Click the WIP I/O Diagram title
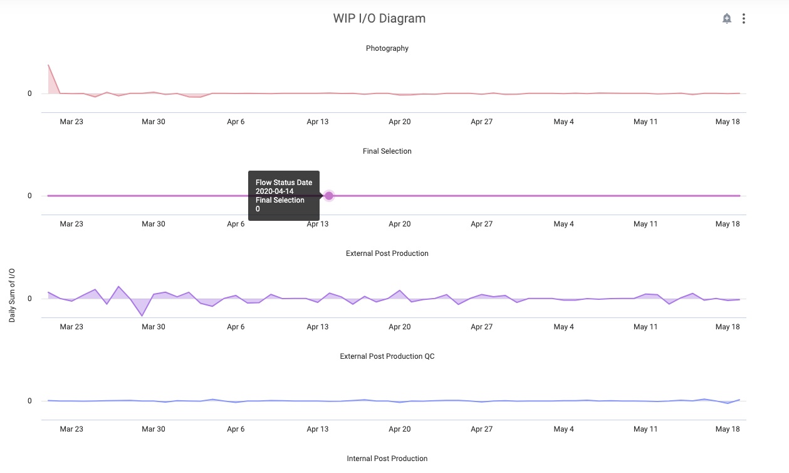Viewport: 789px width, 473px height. (x=379, y=18)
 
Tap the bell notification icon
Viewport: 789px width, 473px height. (x=726, y=19)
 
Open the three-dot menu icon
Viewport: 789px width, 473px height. (x=743, y=19)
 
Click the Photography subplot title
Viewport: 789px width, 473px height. (x=387, y=48)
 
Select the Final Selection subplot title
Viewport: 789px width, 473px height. (x=387, y=151)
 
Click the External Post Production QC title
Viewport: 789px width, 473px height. (x=387, y=356)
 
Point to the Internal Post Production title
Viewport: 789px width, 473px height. (x=387, y=459)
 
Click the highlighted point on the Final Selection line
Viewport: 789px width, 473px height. (x=329, y=196)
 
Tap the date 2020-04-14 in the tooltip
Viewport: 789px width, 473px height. (x=274, y=191)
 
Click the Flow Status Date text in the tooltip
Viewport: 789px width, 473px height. (x=283, y=183)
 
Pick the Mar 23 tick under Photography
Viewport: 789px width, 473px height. (x=71, y=122)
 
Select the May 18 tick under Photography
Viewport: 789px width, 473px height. (x=727, y=122)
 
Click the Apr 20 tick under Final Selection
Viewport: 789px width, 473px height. (x=399, y=224)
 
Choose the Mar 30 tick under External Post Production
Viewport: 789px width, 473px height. (x=154, y=327)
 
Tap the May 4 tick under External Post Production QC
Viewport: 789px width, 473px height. (x=563, y=429)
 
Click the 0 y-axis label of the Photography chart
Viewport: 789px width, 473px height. (x=29, y=94)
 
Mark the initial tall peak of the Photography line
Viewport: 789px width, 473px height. (x=48, y=65)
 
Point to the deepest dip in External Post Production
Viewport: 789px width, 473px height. (x=142, y=316)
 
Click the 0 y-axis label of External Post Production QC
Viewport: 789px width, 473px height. (x=29, y=401)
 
